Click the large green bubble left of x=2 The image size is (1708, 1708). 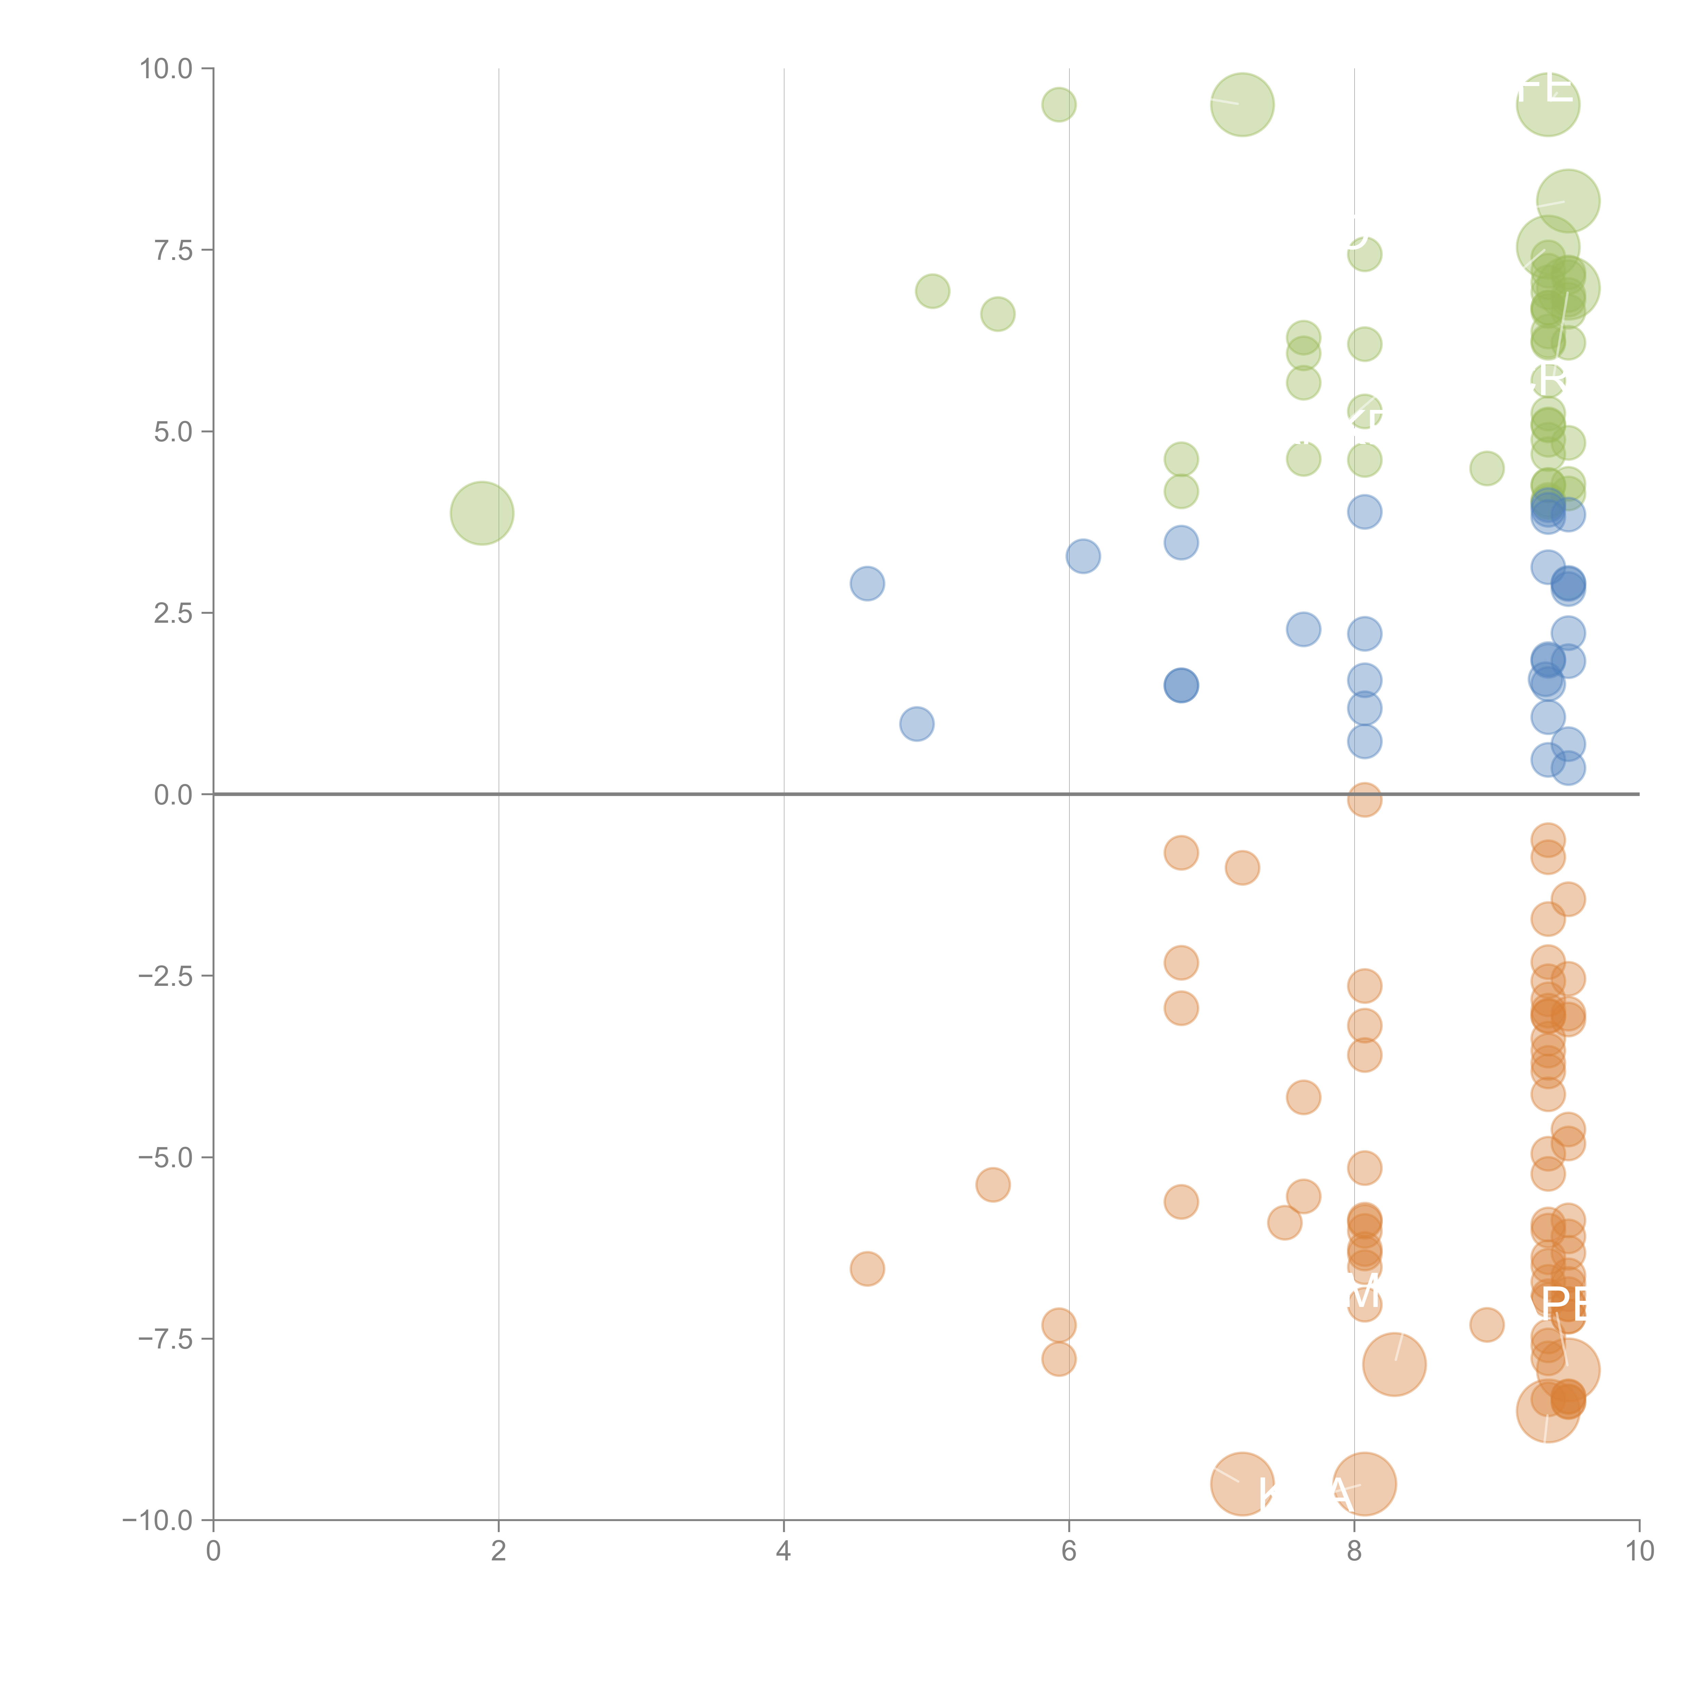pyautogui.click(x=482, y=513)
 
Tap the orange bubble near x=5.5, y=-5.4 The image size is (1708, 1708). pyautogui.click(x=993, y=1185)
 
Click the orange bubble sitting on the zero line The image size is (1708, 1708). pyautogui.click(x=1364, y=800)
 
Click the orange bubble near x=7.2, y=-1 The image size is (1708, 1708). pyautogui.click(x=1242, y=868)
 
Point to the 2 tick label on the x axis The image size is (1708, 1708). pyautogui.click(x=499, y=1552)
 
